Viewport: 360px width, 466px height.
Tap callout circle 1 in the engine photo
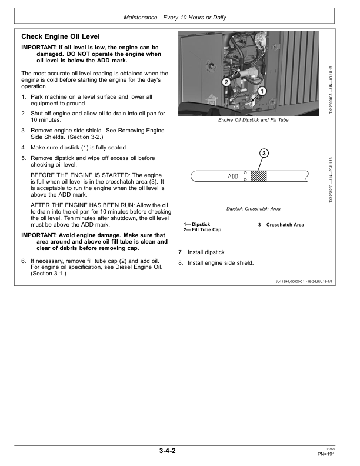click(262, 91)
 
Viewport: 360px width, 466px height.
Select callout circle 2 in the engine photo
click(226, 82)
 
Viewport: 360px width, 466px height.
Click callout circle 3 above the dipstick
click(264, 154)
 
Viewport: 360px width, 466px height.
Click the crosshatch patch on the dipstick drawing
click(259, 176)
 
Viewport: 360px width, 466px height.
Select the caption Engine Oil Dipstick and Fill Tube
click(253, 120)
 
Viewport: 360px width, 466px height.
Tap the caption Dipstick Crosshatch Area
click(253, 209)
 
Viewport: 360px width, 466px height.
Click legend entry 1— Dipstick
click(196, 225)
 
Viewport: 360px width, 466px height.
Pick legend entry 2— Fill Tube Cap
click(202, 229)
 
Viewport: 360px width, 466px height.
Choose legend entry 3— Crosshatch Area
click(281, 225)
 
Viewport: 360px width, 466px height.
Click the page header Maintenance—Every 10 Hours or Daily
click(175, 18)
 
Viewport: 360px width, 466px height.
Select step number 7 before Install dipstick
click(181, 252)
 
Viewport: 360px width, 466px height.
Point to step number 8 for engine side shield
click(181, 263)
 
